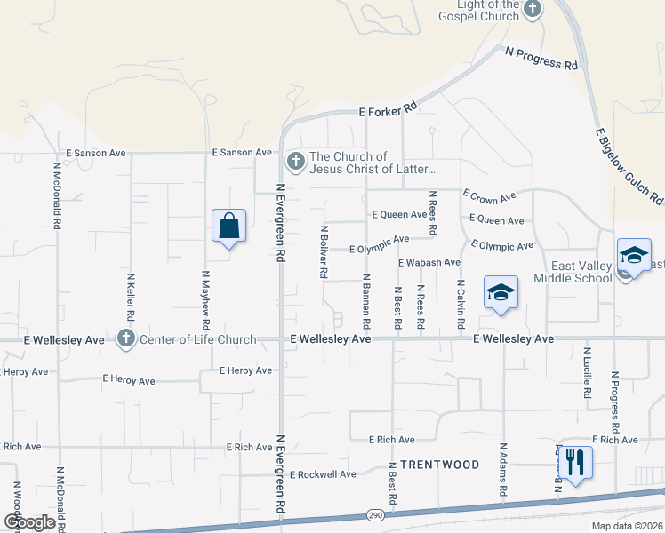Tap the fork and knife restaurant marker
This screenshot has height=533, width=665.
point(573,462)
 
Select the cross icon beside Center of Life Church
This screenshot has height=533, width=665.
point(126,338)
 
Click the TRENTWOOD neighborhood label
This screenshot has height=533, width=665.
point(439,465)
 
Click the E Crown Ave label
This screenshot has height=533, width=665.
point(489,196)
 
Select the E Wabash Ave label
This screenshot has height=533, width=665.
point(429,263)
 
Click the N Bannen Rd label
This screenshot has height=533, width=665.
point(365,303)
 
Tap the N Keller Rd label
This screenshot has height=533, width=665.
point(131,297)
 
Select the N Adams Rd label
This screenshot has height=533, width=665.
point(503,470)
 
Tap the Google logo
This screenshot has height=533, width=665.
point(30,522)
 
